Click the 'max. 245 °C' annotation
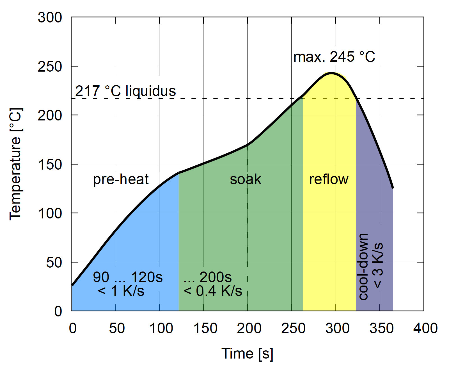tap(334, 57)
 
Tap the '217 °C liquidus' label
tap(125, 91)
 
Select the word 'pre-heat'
tap(121, 179)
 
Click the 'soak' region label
tap(246, 179)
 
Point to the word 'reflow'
tap(329, 179)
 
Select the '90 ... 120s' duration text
tap(128, 277)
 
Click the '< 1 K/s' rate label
tap(121, 291)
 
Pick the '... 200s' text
tap(208, 277)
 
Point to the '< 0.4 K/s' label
tap(212, 291)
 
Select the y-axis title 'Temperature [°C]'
tap(15, 164)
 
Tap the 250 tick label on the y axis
tap(50, 67)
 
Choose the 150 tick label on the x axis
tap(205, 328)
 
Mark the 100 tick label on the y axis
tap(50, 213)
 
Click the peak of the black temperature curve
tap(331, 73)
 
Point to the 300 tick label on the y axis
tap(50, 17)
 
